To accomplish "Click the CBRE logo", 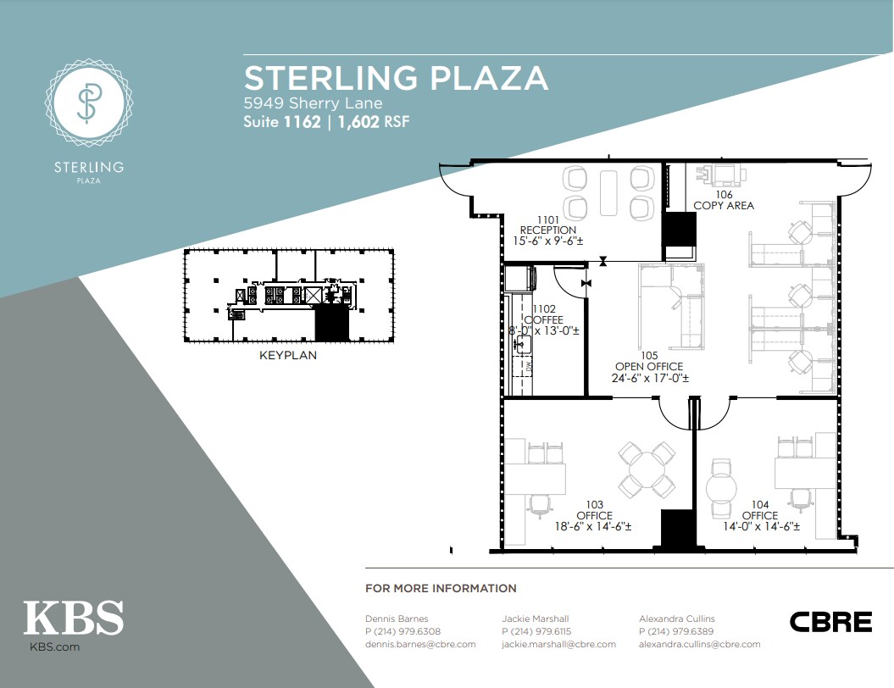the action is pos(830,622).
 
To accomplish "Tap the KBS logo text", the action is pos(74,618).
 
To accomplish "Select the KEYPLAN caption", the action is pos(288,355).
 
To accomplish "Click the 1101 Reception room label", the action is pos(548,230).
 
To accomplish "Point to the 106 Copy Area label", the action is pos(724,200).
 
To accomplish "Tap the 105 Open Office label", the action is pos(650,367).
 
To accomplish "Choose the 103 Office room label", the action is pos(593,515).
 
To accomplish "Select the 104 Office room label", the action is pos(761,515).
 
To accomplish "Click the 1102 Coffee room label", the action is pos(544,319).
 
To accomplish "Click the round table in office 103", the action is pos(647,470).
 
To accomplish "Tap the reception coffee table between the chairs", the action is pos(609,192).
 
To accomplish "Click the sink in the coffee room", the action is pos(523,344).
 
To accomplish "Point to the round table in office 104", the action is pos(722,489).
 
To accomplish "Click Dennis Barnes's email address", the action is pos(420,644).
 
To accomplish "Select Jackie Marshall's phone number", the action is pos(536,631).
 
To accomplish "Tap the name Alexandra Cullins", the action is pos(677,619).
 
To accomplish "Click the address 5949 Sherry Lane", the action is pos(313,103).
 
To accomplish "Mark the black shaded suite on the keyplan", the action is pos(332,323).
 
